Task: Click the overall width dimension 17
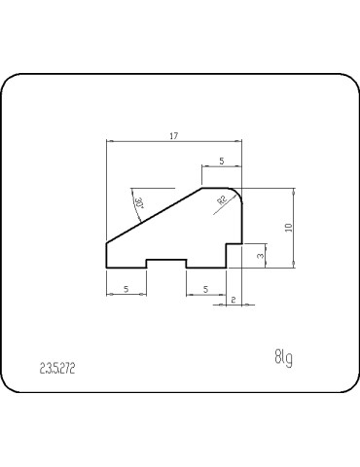click(173, 137)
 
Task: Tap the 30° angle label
click(139, 202)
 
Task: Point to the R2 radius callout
click(222, 199)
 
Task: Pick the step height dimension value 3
click(260, 254)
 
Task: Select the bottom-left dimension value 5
click(126, 289)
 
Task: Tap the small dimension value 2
click(234, 302)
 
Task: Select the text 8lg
click(283, 358)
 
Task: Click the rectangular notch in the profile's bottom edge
click(166, 262)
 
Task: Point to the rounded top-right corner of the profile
click(236, 193)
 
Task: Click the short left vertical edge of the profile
click(105, 254)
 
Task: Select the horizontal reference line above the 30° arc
click(155, 187)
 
